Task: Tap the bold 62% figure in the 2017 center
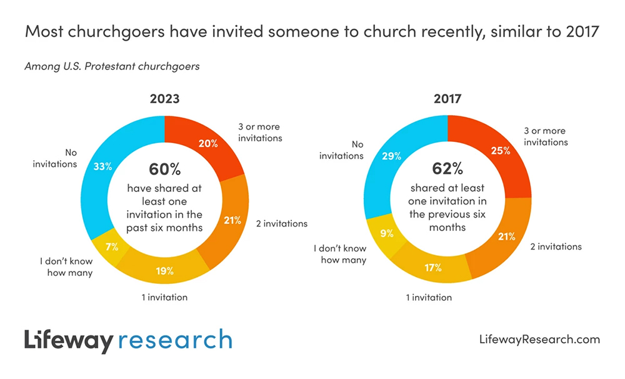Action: [x=447, y=169]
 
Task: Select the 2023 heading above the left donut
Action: [x=164, y=98]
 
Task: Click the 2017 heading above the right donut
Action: [x=447, y=98]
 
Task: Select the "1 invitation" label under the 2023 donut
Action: [x=164, y=298]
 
